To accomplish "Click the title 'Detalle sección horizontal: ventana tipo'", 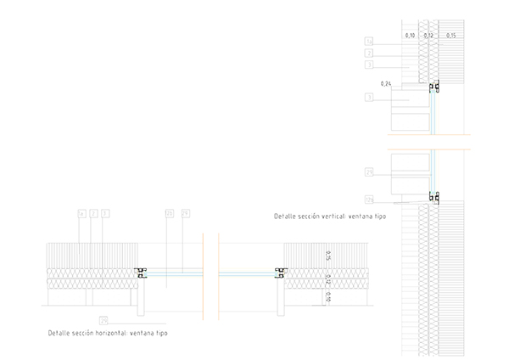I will click(x=108, y=333).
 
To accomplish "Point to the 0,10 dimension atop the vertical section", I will click(x=410, y=36).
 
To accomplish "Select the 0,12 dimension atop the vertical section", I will click(x=428, y=36).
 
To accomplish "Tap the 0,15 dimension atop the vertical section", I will click(x=450, y=36).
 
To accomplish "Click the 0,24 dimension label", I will click(x=387, y=83).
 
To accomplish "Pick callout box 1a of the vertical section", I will click(x=369, y=41).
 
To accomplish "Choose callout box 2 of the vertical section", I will click(x=369, y=53).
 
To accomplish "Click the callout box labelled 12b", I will click(x=369, y=200).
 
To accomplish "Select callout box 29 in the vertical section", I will click(x=369, y=172).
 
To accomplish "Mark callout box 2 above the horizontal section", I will click(x=92, y=212).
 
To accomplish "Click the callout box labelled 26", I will click(x=169, y=212).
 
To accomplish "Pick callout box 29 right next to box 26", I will click(x=185, y=212).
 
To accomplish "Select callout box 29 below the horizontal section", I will click(x=103, y=320).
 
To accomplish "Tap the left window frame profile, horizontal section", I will click(x=141, y=273).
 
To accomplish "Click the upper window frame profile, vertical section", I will click(x=434, y=87).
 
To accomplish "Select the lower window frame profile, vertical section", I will click(x=433, y=198).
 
